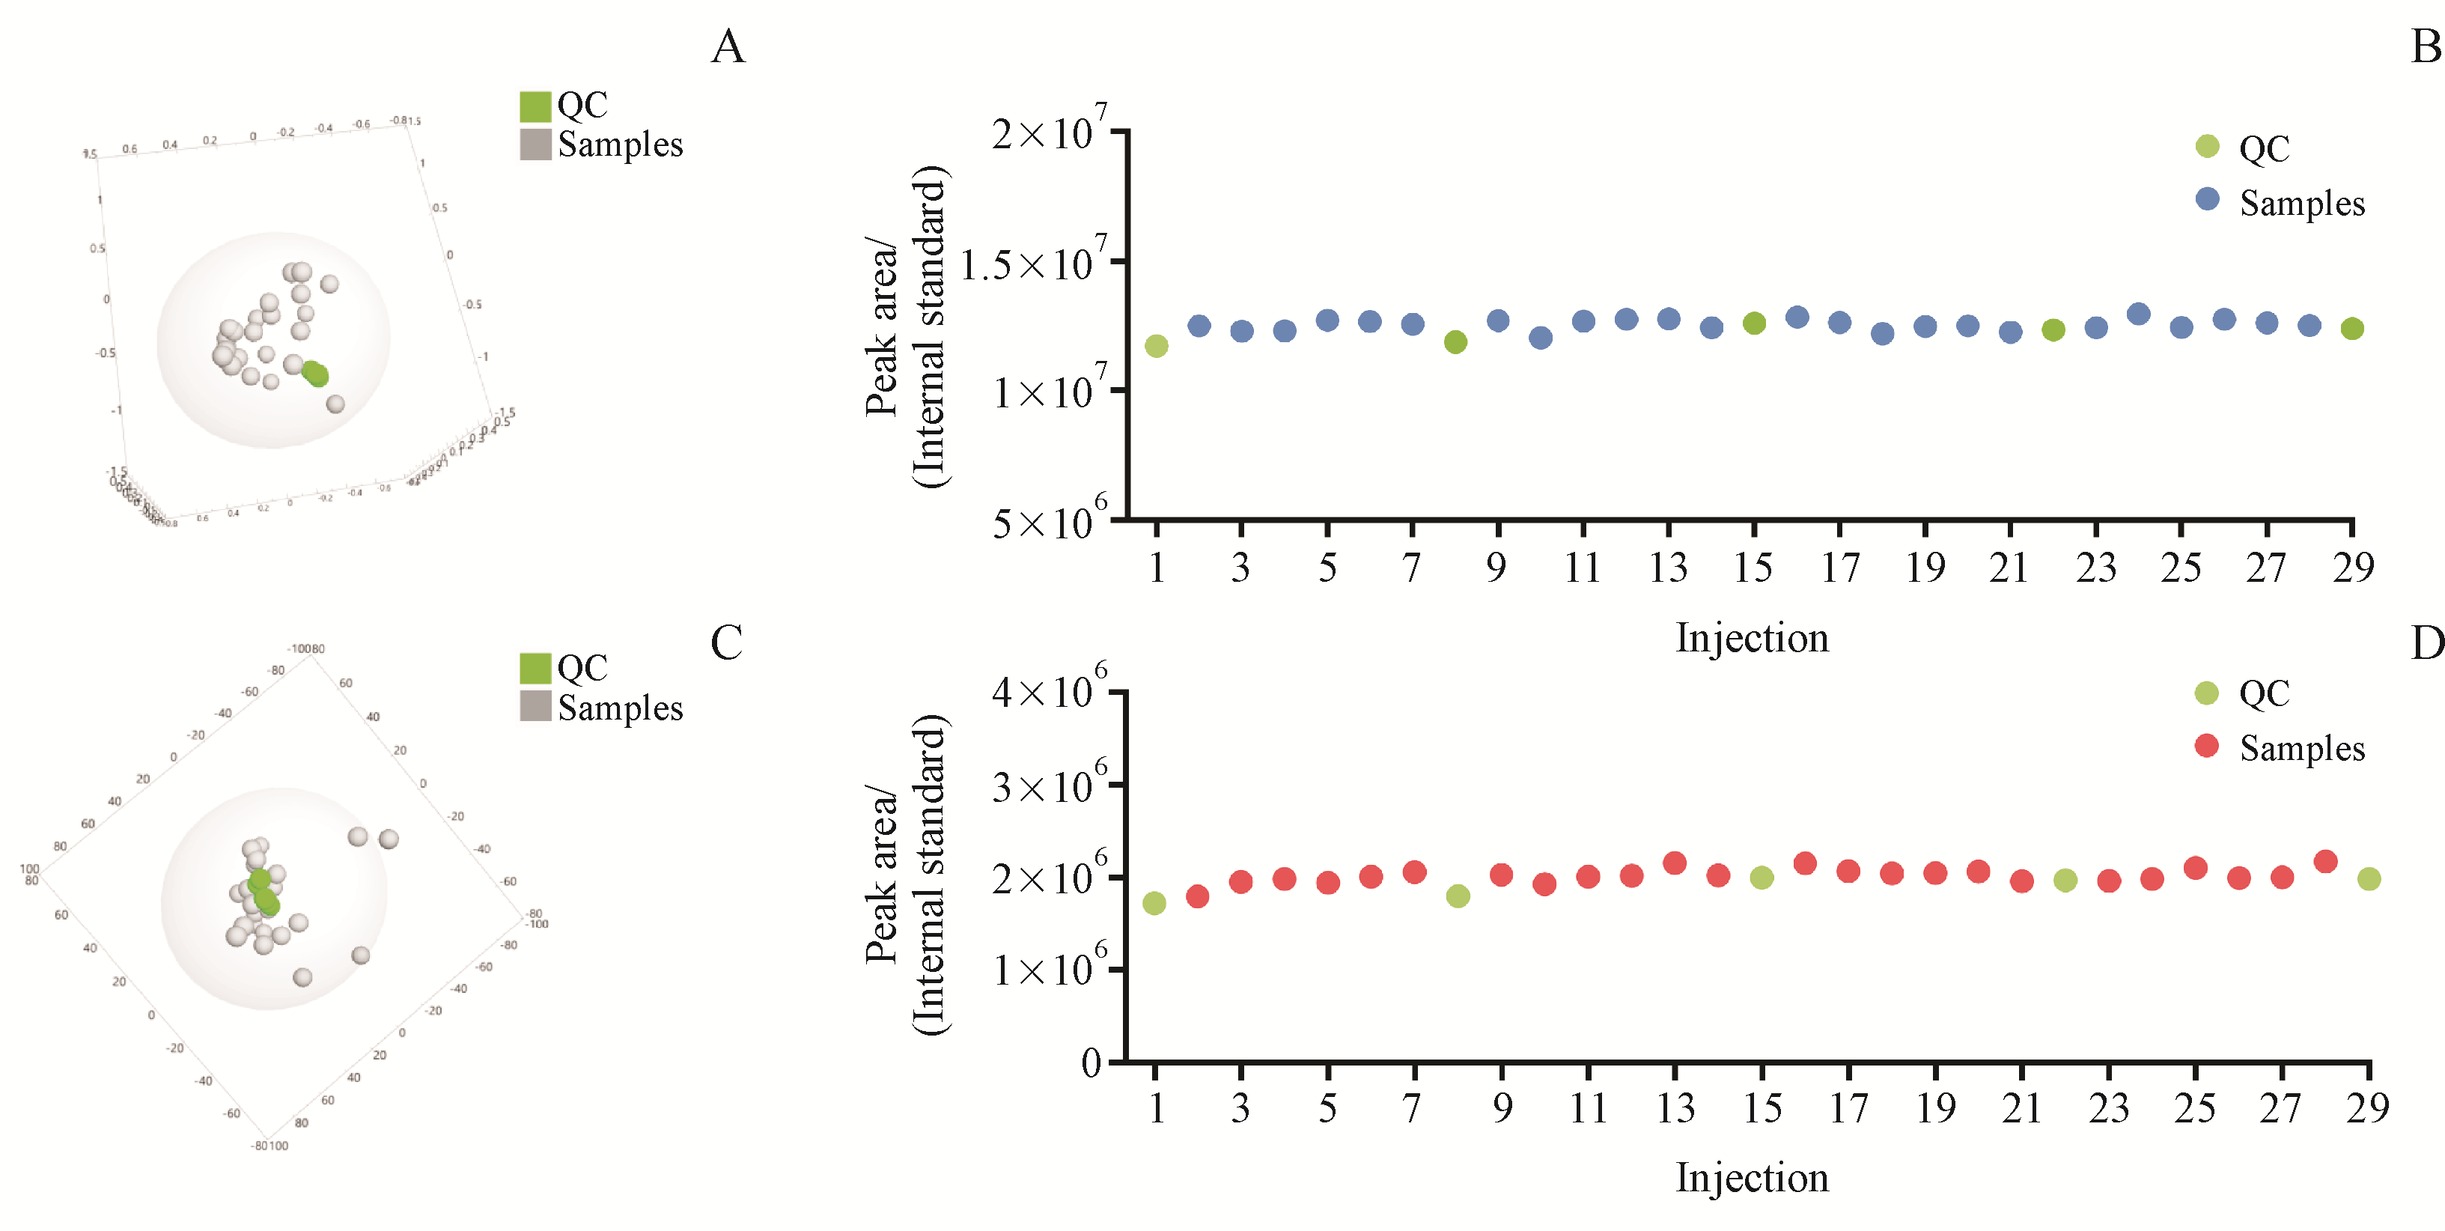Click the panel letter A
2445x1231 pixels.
(728, 46)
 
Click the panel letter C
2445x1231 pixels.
(726, 642)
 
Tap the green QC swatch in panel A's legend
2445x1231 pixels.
(535, 106)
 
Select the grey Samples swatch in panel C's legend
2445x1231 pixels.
(535, 706)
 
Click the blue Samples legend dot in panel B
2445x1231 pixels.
(2208, 199)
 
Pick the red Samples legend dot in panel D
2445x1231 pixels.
(2207, 746)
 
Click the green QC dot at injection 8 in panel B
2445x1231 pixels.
(1455, 341)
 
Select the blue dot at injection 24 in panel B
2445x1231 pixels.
(2138, 314)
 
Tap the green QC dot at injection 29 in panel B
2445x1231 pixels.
(2352, 329)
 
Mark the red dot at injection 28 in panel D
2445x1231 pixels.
(2325, 862)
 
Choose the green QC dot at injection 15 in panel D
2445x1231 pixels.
(1762, 878)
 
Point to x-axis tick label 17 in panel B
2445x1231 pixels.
(1839, 568)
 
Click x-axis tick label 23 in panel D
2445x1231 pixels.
(2108, 1108)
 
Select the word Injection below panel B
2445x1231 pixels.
(1752, 638)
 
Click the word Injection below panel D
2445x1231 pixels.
(1752, 1178)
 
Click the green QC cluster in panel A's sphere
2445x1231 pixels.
(315, 374)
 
